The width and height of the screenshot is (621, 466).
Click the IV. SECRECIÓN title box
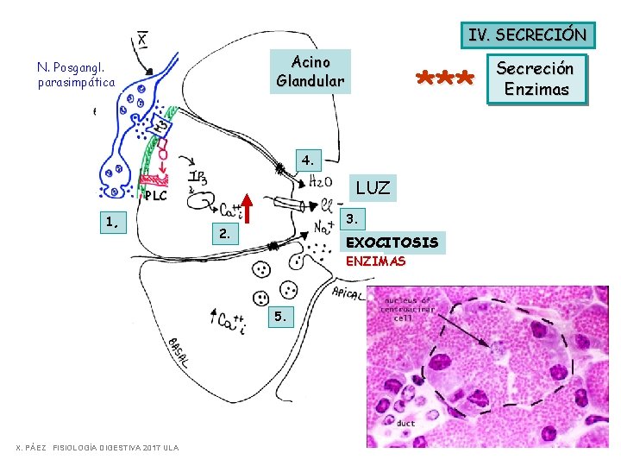[x=527, y=35]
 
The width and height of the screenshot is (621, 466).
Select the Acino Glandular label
[x=310, y=71]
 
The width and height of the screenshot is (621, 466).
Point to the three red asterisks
[x=444, y=80]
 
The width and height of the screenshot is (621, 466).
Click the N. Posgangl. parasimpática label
[x=76, y=74]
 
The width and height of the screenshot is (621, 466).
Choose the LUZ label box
[x=373, y=187]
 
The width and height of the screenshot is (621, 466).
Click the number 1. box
[x=112, y=222]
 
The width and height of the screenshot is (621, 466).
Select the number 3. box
[x=353, y=216]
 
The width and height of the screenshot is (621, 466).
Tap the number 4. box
[x=309, y=159]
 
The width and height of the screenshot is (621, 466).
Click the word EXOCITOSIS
[x=392, y=242]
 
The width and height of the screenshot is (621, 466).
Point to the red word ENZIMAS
[x=375, y=261]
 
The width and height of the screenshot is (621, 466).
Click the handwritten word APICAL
[x=348, y=292]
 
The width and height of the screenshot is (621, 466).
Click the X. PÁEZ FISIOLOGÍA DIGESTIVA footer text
[x=97, y=448]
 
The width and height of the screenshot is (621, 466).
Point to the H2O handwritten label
[x=323, y=179]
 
